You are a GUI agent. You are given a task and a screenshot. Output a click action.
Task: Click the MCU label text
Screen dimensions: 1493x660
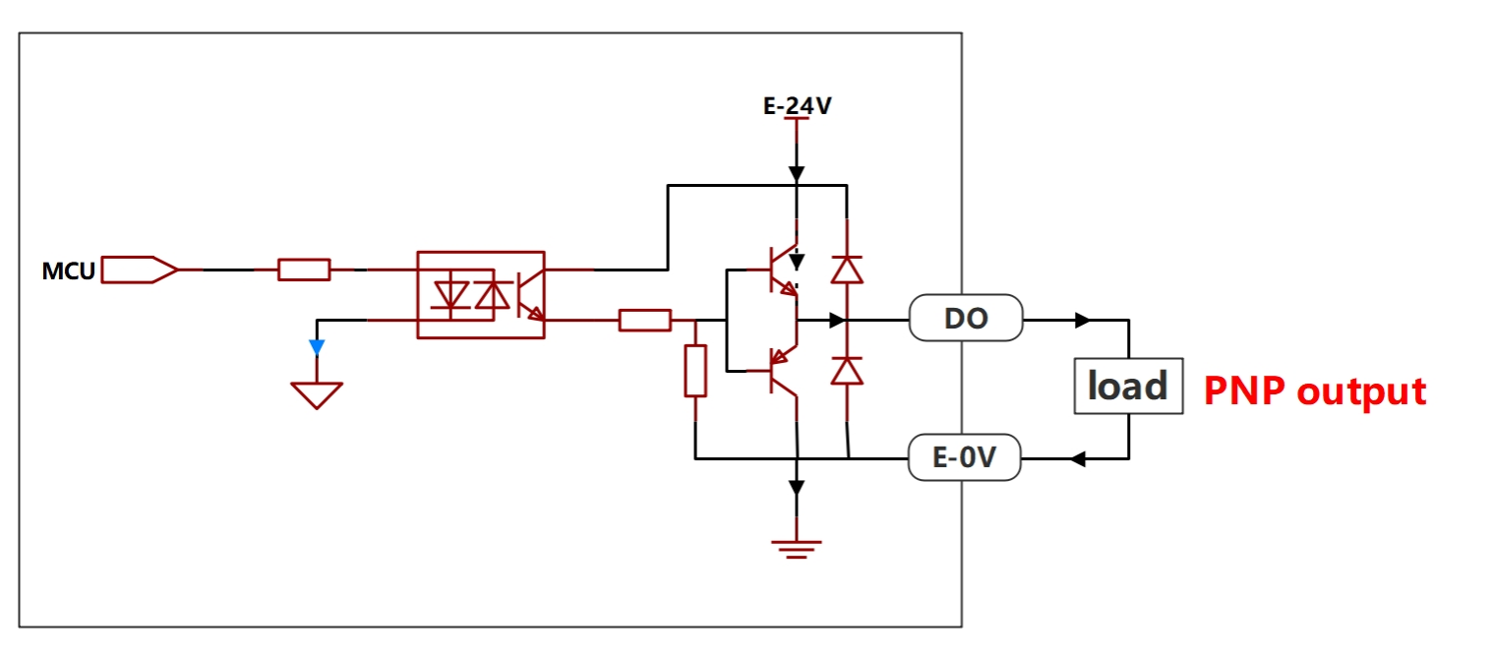pos(69,271)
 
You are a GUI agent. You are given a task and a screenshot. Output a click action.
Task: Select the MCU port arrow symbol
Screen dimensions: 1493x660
pos(140,270)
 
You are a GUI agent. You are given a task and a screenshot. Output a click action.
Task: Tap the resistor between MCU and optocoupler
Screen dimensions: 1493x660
pos(304,270)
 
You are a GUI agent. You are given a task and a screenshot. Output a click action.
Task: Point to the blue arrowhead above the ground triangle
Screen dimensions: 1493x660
pos(317,347)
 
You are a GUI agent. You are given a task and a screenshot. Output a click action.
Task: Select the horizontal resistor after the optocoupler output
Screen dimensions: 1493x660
pos(644,320)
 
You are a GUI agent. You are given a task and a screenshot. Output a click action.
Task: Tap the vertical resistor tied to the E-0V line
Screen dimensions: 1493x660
pos(695,371)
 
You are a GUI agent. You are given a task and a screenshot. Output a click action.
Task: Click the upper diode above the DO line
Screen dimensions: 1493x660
pos(847,270)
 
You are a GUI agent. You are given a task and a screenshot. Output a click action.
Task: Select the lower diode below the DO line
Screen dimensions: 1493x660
pos(847,371)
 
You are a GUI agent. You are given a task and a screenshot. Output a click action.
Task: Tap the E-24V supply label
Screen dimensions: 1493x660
pos(798,106)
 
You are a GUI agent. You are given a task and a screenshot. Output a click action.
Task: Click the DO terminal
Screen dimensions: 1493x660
pos(966,318)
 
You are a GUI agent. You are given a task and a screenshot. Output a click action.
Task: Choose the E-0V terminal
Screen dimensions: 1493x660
pos(965,457)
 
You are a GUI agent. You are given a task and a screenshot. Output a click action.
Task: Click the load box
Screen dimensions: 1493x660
pos(1128,386)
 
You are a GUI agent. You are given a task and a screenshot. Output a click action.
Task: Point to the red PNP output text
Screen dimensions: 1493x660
pos(1314,390)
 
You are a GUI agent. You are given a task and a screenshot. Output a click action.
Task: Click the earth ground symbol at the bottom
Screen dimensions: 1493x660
pos(797,549)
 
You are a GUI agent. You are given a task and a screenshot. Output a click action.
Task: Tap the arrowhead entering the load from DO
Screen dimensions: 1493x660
pos(1083,320)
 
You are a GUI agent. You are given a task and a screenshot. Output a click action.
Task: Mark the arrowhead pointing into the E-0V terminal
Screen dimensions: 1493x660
pos(1078,458)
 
